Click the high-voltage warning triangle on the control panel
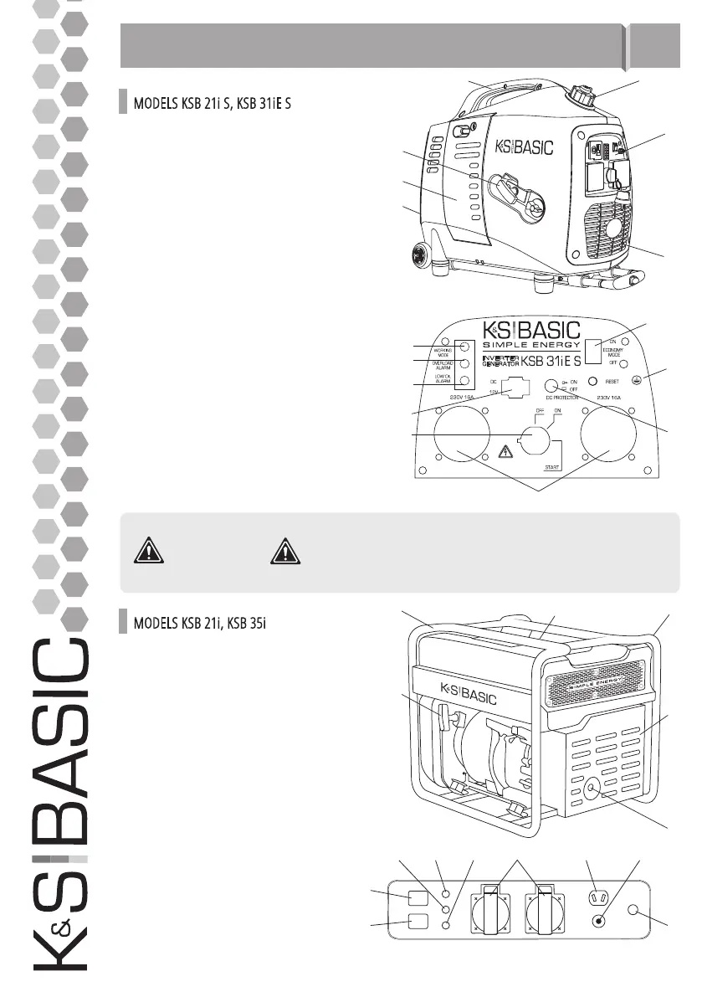click(505, 452)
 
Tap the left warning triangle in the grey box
click(149, 552)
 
